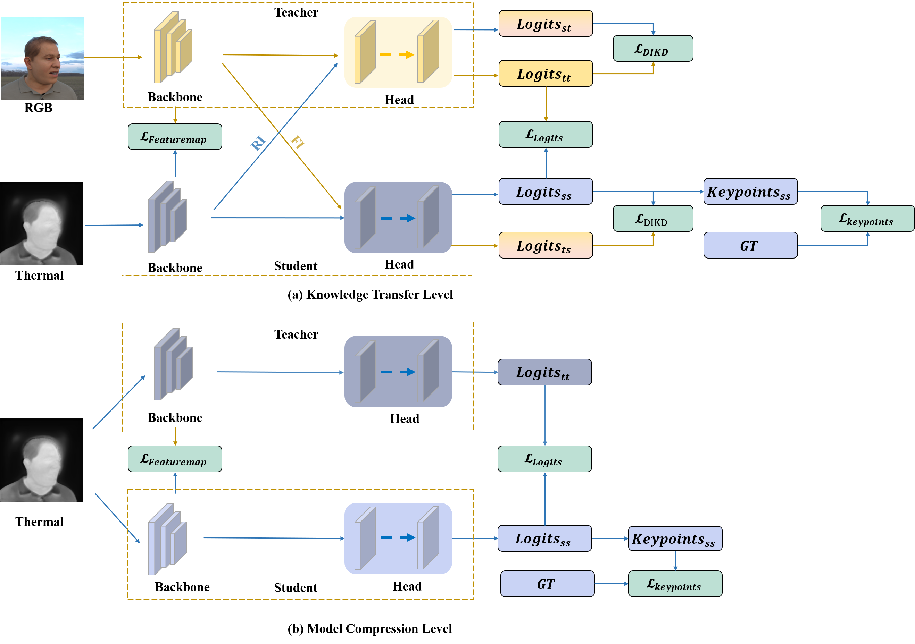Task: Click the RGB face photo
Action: click(42, 58)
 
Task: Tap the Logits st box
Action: click(546, 24)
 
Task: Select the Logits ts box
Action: click(546, 245)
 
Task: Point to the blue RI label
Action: click(258, 143)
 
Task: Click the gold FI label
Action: click(298, 142)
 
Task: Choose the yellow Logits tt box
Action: click(546, 73)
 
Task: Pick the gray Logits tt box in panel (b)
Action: click(544, 372)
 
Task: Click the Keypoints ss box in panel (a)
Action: click(750, 192)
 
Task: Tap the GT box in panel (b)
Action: click(547, 584)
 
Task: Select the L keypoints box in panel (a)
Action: click(867, 218)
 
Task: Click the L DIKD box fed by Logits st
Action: click(653, 48)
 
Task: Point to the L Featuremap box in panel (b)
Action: click(175, 459)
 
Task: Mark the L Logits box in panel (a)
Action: click(546, 135)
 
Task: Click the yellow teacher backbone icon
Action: click(173, 48)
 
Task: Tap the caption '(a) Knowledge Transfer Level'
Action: click(370, 294)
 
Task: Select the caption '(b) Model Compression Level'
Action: click(370, 628)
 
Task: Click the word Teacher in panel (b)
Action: click(296, 334)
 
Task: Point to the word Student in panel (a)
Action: click(296, 266)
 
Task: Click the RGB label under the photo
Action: click(38, 108)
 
